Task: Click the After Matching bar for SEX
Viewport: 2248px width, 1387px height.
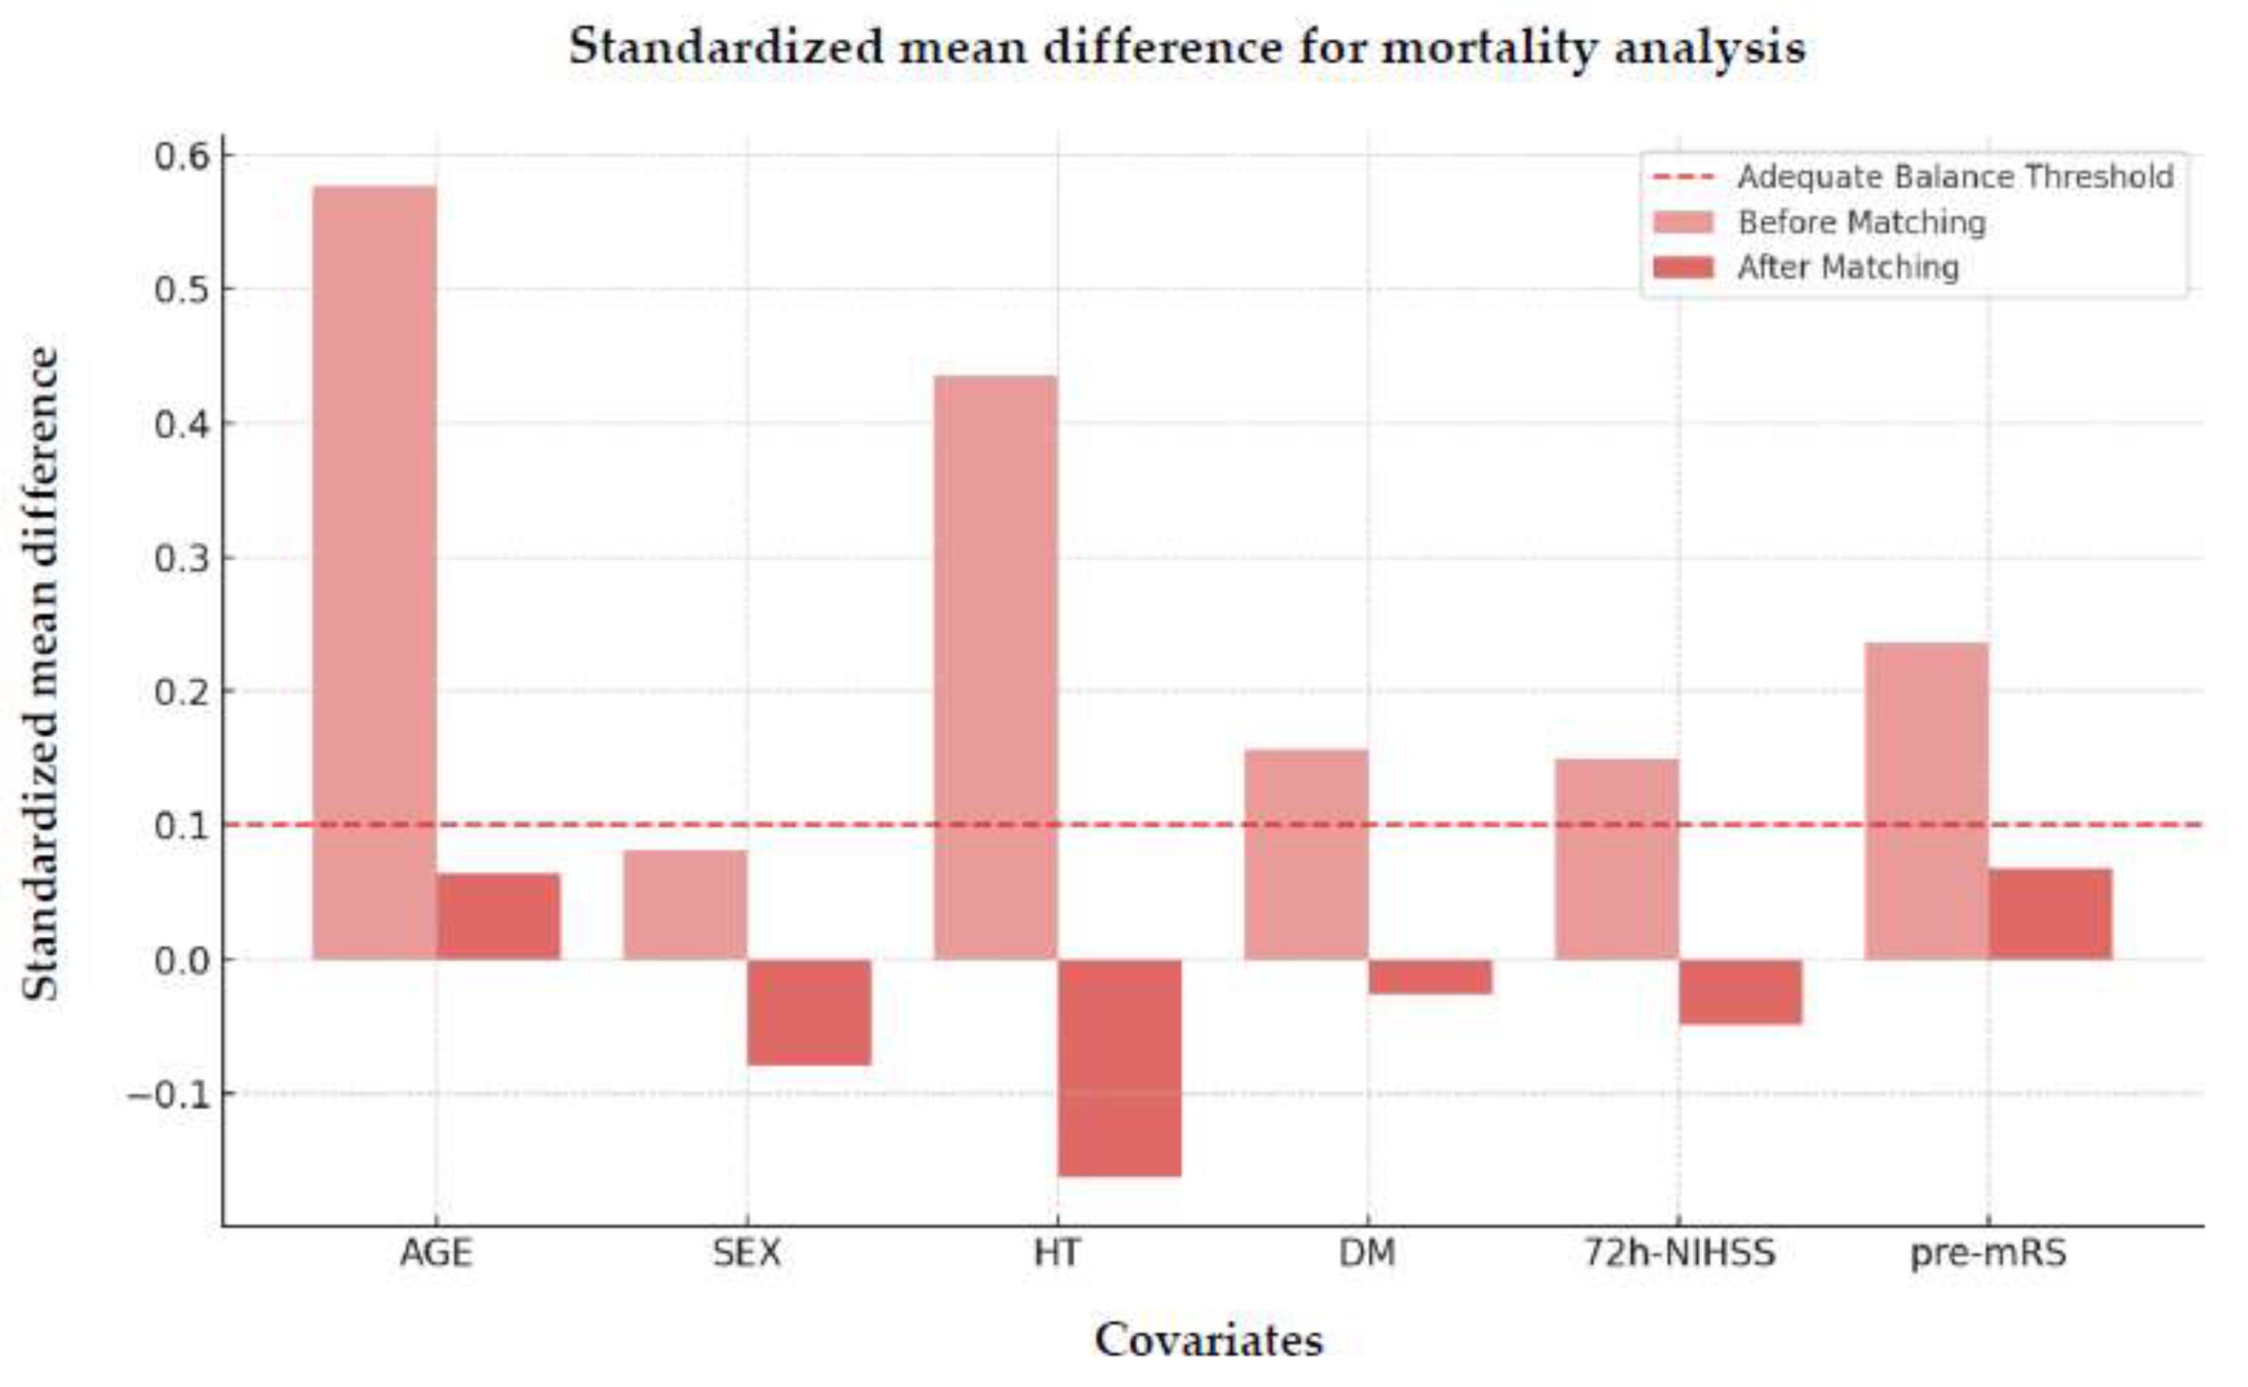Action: pos(809,1012)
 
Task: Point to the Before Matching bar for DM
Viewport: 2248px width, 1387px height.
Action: pos(1306,854)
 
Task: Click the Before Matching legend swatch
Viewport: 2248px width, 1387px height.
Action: pos(1682,223)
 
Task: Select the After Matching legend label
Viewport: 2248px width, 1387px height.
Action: pos(1848,268)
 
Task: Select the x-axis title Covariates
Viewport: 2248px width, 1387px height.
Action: pos(1209,1340)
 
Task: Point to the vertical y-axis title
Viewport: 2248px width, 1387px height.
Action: pos(41,674)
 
